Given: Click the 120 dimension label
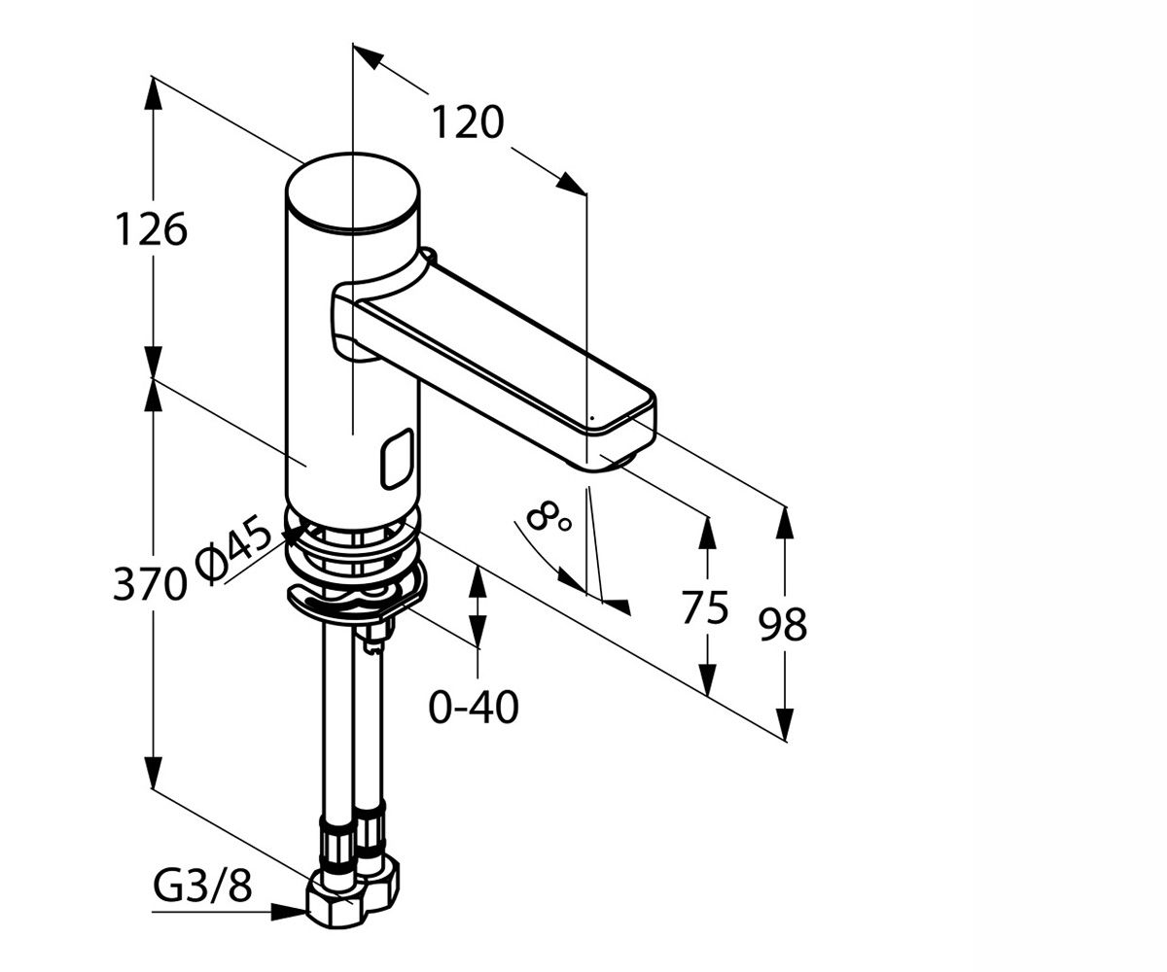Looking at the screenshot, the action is pyautogui.click(x=469, y=122).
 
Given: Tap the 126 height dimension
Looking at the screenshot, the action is pyautogui.click(x=151, y=229).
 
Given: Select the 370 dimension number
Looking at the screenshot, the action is pyautogui.click(x=149, y=584).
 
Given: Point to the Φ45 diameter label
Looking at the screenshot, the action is pyautogui.click(x=233, y=551).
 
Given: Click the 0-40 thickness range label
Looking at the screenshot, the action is pyautogui.click(x=474, y=708).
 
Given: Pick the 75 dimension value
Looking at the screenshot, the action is pyautogui.click(x=705, y=607).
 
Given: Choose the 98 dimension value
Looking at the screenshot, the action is pyautogui.click(x=783, y=625).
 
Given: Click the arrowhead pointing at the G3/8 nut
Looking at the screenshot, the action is pyautogui.click(x=290, y=913).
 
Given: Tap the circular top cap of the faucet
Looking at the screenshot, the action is pyautogui.click(x=352, y=192).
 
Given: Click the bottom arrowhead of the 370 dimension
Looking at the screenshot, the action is pyautogui.click(x=153, y=772).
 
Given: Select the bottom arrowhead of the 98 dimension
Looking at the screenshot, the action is pyautogui.click(x=785, y=724).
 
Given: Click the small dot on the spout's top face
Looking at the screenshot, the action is pyautogui.click(x=592, y=417).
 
